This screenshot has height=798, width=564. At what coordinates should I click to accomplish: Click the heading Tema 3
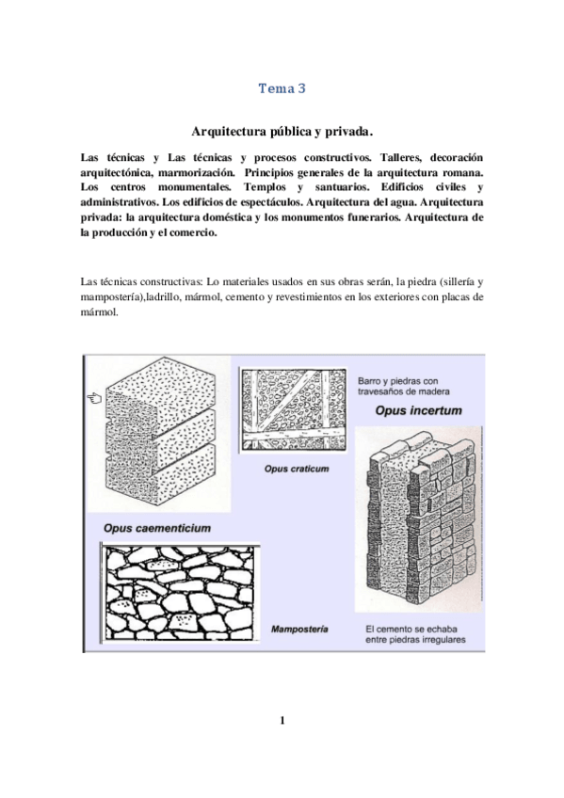[x=282, y=89]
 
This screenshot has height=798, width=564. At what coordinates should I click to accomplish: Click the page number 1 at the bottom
[x=282, y=721]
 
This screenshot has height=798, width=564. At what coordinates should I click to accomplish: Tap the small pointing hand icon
[x=94, y=398]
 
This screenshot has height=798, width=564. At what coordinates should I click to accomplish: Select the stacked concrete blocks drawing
[x=160, y=434]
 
